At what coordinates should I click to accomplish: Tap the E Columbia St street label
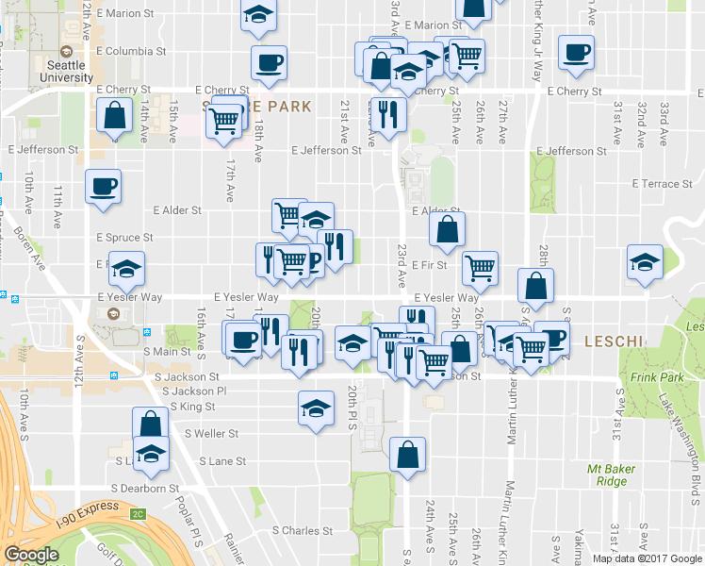point(131,51)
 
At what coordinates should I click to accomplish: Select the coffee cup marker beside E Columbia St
point(269,63)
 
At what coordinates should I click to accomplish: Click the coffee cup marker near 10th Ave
point(103,185)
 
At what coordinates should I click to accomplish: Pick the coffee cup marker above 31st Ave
point(575,53)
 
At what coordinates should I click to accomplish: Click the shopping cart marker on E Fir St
point(481,268)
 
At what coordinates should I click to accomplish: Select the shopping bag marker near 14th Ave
point(114,118)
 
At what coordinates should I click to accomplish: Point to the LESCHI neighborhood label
point(614,340)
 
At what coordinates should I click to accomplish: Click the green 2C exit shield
point(139,514)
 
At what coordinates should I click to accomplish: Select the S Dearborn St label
point(145,489)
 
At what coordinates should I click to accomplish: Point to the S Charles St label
point(303,531)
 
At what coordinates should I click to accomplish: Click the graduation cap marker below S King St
point(316,409)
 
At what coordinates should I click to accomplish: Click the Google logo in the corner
point(31,555)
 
